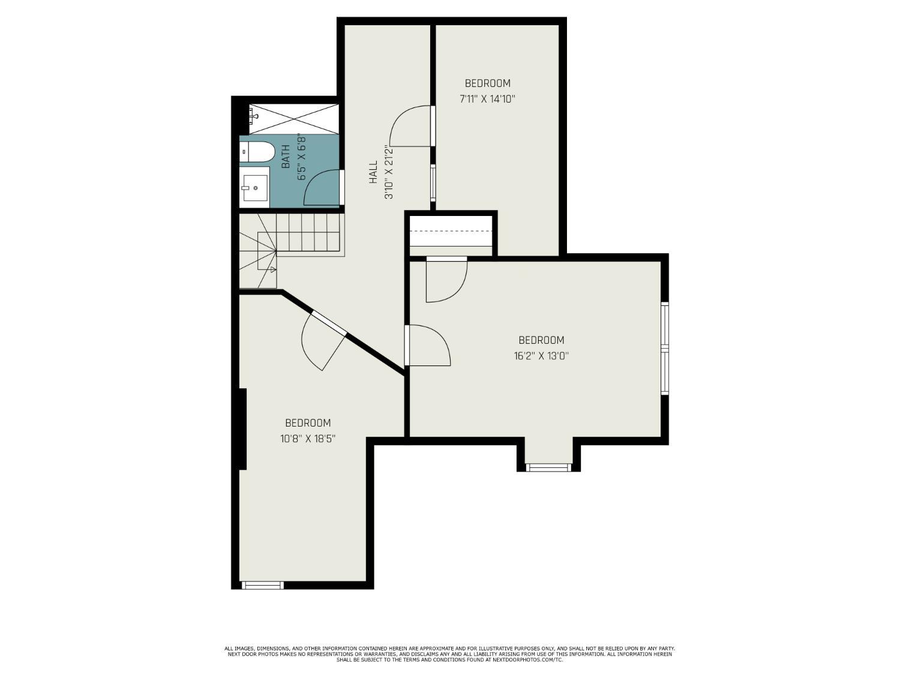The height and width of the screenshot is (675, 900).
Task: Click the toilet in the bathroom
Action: click(257, 151)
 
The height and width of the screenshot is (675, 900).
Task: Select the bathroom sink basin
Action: click(255, 188)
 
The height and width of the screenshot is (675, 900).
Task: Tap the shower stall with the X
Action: click(294, 119)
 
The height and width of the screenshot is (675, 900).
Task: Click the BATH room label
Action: click(286, 157)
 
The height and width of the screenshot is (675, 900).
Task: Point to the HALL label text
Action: click(373, 172)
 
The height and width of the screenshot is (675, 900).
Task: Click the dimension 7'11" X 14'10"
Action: click(487, 99)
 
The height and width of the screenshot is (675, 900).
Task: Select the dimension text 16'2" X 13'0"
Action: click(541, 356)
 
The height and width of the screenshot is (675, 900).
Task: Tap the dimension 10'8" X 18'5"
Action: click(308, 439)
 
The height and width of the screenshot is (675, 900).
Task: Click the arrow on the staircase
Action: click(272, 269)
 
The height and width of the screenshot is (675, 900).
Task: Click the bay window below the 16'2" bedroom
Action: click(548, 467)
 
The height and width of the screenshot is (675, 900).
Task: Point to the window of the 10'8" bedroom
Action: click(262, 585)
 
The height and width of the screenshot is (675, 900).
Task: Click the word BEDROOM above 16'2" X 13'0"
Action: click(541, 340)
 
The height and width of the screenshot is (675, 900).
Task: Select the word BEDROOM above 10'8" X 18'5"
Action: click(308, 423)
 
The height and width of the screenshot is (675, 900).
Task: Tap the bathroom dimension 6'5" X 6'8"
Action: click(301, 157)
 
